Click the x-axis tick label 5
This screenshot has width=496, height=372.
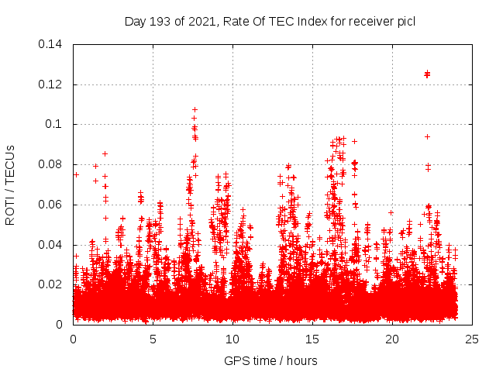tap(153, 339)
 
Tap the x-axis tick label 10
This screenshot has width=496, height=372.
tap(232, 339)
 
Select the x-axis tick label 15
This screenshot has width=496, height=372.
tap(312, 339)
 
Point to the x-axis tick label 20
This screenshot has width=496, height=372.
tap(391, 339)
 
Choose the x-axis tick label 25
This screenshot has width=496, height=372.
tap(471, 339)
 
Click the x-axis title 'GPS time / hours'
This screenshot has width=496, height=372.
tap(272, 360)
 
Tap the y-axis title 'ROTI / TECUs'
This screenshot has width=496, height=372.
tap(11, 184)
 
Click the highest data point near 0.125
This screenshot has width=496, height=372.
tap(427, 74)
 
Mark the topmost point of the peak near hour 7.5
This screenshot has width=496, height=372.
tap(195, 110)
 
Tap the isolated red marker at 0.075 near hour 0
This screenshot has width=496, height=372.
tap(76, 174)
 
